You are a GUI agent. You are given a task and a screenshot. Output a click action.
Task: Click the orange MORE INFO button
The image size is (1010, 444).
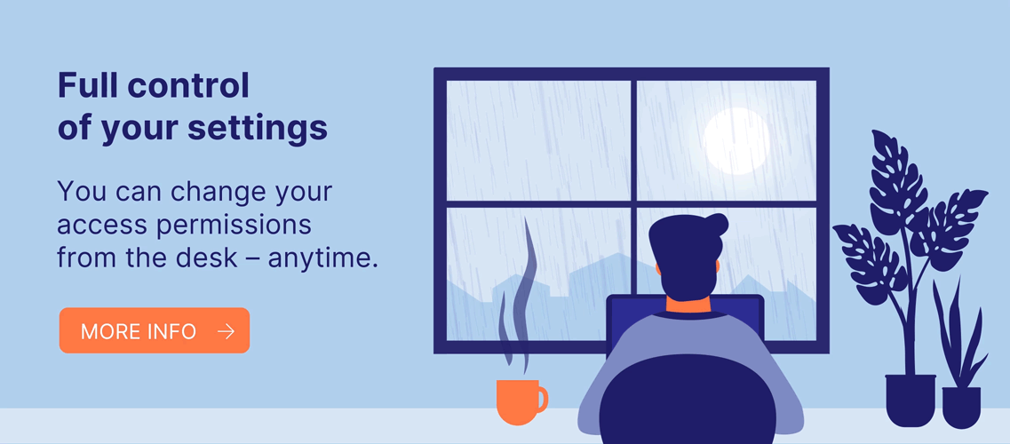pyautogui.click(x=154, y=330)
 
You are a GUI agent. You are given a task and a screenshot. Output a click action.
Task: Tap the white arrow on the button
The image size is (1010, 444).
pyautogui.click(x=227, y=331)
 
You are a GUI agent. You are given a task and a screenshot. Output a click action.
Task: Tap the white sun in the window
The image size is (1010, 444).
pyautogui.click(x=736, y=141)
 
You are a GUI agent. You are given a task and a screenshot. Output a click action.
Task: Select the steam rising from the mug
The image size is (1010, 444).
pyautogui.click(x=518, y=296)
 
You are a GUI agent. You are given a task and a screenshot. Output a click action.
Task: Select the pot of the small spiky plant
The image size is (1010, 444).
pyautogui.click(x=961, y=408)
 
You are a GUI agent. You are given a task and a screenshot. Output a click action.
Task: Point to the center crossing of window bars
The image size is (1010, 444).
pyautogui.click(x=633, y=204)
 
